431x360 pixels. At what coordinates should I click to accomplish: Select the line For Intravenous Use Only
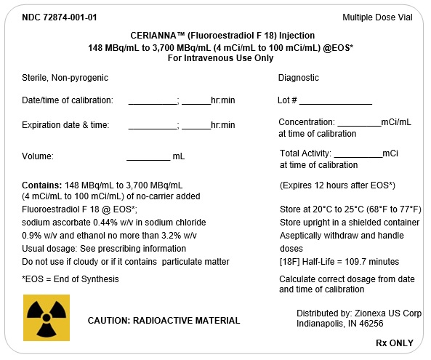tap(215, 58)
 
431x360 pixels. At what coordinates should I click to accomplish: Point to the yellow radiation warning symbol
tap(47, 318)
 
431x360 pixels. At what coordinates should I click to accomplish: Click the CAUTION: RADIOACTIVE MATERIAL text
tap(164, 321)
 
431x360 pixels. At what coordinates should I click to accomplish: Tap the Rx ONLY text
tap(394, 343)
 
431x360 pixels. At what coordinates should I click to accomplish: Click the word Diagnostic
tap(298, 78)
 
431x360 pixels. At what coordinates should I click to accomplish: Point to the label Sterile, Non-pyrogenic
tap(65, 78)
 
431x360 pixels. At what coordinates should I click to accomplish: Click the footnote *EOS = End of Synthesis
tap(71, 279)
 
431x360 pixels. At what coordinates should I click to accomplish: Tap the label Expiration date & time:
tap(65, 125)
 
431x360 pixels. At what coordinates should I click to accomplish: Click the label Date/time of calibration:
tap(68, 100)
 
